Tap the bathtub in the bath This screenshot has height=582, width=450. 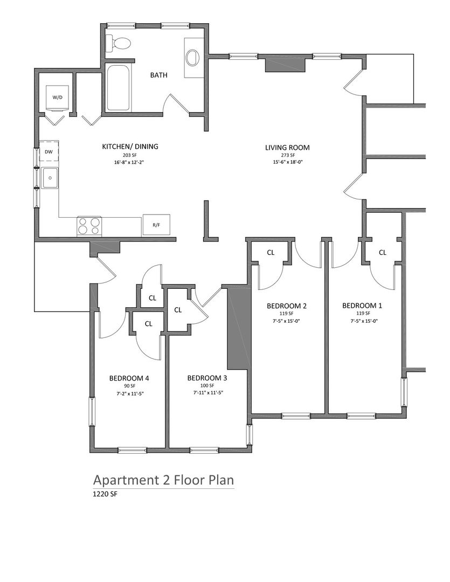(x=119, y=88)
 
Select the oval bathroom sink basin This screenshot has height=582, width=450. (x=192, y=58)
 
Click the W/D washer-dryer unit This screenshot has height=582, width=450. (x=58, y=98)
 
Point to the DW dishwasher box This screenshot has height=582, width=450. (x=49, y=151)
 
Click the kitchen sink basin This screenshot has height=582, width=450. (x=50, y=178)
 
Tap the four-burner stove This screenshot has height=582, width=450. (x=89, y=226)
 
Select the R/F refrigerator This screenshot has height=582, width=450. (x=156, y=225)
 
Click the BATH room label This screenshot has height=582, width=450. (x=158, y=75)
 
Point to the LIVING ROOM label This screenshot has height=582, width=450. (x=287, y=147)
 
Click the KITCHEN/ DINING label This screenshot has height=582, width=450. (x=130, y=147)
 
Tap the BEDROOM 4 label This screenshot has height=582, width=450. (x=129, y=378)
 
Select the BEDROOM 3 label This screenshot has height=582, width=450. (x=207, y=378)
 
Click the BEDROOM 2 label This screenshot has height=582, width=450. (x=287, y=306)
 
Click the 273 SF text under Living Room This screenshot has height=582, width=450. (x=288, y=156)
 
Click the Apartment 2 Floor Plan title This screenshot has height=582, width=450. (x=163, y=480)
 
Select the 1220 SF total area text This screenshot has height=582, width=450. (x=105, y=494)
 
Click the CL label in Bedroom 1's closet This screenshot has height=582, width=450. (x=383, y=252)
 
